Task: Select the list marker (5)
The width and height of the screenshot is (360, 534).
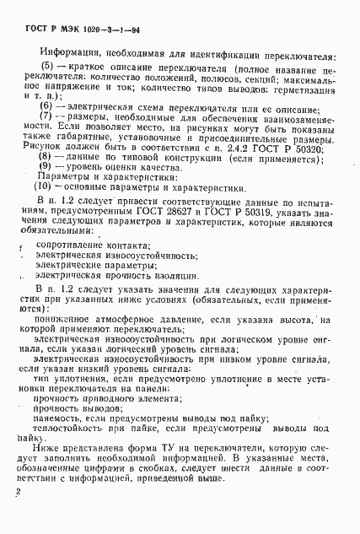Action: [50, 65]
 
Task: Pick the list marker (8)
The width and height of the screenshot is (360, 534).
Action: [50, 157]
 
